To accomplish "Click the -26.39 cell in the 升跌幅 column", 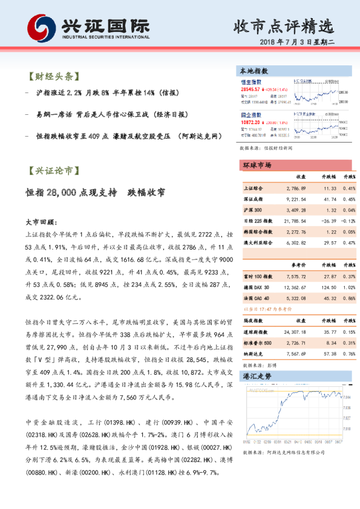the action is pyautogui.click(x=321, y=222).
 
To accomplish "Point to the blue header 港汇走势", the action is pyautogui.click(x=254, y=375).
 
